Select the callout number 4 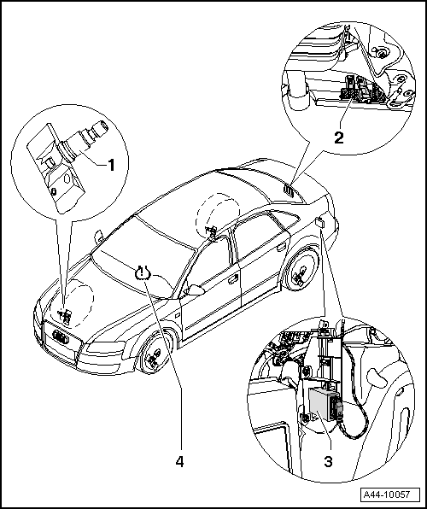(179, 461)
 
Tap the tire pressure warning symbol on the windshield (143, 273)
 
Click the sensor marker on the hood (62, 312)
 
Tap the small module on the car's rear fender (319, 222)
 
